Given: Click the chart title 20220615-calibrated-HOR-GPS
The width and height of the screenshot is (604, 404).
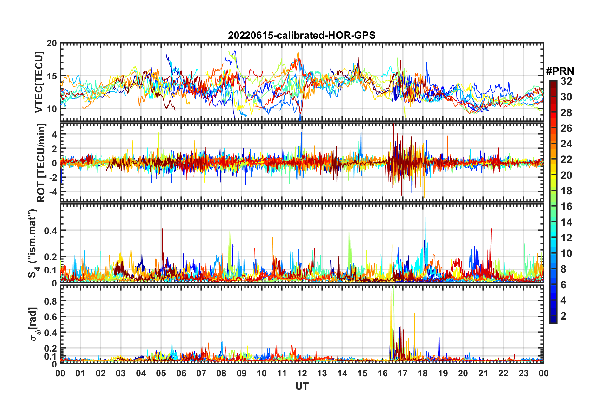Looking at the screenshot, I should pyautogui.click(x=302, y=35).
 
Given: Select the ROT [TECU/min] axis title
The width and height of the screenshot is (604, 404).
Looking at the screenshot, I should pyautogui.click(x=41, y=163).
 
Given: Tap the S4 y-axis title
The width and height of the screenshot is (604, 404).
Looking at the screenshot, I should pyautogui.click(x=33, y=243).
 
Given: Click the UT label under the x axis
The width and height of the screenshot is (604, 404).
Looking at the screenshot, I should pyautogui.click(x=302, y=386).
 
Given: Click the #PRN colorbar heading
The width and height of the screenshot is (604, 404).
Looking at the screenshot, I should pyautogui.click(x=560, y=71).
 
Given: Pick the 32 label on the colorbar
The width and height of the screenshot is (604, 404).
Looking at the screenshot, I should pyautogui.click(x=566, y=81).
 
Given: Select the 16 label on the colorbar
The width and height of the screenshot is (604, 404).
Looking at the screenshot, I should pyautogui.click(x=566, y=206).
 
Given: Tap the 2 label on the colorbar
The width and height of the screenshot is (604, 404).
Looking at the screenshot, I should pyautogui.click(x=563, y=316).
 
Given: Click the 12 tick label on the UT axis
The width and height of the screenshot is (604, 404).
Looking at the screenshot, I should pyautogui.click(x=302, y=373).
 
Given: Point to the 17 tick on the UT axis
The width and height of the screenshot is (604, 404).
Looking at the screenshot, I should pyautogui.click(x=403, y=373).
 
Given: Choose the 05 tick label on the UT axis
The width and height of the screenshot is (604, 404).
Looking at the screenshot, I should pyautogui.click(x=161, y=373).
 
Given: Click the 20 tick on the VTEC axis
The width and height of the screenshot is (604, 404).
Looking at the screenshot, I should pyautogui.click(x=52, y=44).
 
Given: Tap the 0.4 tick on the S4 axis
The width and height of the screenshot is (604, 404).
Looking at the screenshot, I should pyautogui.click(x=50, y=231).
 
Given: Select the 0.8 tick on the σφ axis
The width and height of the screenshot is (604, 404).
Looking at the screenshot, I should pyautogui.click(x=50, y=301).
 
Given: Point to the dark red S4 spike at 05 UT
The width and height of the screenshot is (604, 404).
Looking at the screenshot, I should pyautogui.click(x=162, y=230).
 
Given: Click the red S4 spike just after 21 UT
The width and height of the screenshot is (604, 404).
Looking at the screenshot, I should pyautogui.click(x=491, y=230).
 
